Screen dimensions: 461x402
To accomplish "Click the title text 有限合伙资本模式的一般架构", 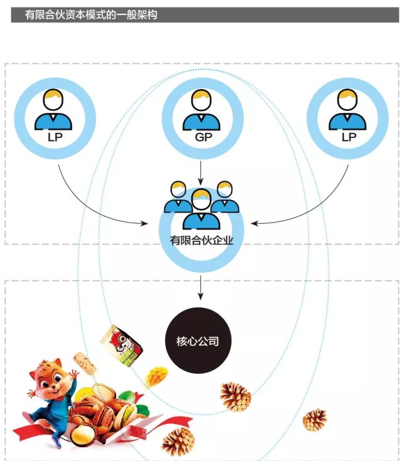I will [91, 14].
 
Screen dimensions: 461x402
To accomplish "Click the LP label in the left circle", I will [55, 135].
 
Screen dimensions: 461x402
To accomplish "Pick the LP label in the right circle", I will [347, 135].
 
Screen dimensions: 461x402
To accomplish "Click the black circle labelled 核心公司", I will [201, 342].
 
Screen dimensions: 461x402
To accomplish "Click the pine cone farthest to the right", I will [315, 420].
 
